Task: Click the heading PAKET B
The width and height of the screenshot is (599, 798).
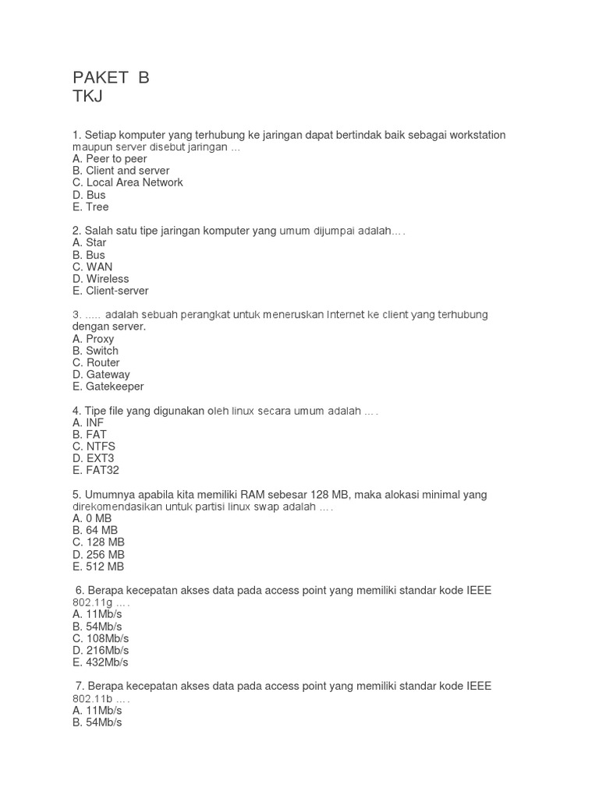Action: coord(110,77)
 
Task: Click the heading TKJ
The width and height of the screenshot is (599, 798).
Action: coord(87,97)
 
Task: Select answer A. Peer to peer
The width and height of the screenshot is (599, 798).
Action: coord(109,159)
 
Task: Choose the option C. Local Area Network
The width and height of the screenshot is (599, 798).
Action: coord(127,182)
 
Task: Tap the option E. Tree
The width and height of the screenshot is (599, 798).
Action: coord(90,207)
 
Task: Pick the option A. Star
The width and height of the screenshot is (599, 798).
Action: coord(89,242)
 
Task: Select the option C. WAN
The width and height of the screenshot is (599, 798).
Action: coord(92,267)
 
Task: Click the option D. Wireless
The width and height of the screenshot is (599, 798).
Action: coord(100,279)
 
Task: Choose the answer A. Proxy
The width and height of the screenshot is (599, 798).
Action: coord(93,339)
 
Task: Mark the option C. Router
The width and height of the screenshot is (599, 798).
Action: coord(96,362)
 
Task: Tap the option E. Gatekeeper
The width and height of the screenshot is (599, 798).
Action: coord(108,387)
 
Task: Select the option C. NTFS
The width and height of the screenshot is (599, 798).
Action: coord(94,447)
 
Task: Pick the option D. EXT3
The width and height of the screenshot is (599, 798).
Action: coord(93,458)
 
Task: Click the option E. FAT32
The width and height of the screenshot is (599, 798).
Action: coord(95,471)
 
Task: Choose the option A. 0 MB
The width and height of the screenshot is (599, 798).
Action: coord(92,518)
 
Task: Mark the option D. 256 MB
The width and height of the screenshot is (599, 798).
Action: coord(98,555)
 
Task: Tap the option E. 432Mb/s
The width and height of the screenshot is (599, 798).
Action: coord(100,662)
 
